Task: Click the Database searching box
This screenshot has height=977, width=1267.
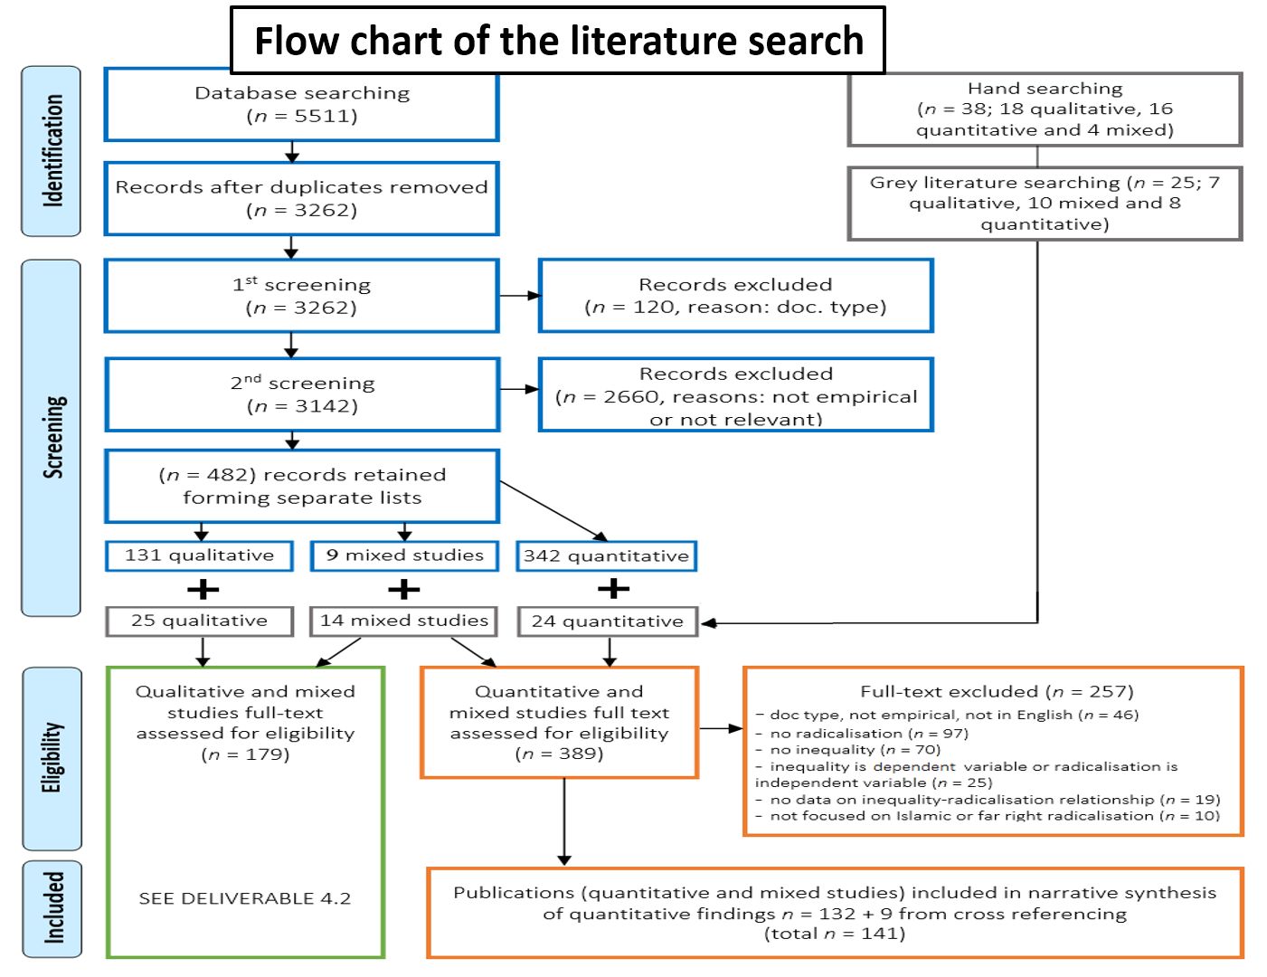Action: (301, 105)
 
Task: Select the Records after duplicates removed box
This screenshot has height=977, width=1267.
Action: (301, 199)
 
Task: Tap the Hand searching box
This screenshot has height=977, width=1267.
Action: (1045, 109)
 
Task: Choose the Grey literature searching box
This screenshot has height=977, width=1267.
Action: (1045, 204)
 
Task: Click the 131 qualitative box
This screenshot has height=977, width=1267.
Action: (199, 555)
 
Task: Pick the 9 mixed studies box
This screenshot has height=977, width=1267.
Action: (404, 555)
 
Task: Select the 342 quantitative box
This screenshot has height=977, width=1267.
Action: (606, 556)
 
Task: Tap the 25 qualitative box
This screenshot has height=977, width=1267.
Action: (199, 621)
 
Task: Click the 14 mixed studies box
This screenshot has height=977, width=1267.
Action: (404, 621)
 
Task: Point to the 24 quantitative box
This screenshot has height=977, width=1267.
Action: (607, 621)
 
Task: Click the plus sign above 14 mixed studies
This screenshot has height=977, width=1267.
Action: (404, 590)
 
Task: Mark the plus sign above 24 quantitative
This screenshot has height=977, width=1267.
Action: (613, 589)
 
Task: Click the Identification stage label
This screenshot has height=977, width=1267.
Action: (52, 151)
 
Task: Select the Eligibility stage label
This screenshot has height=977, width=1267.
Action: (52, 758)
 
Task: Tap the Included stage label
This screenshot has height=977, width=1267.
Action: (52, 908)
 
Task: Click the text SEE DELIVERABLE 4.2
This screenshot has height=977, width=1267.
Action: (245, 898)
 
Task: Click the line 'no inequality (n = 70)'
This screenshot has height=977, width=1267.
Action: (855, 750)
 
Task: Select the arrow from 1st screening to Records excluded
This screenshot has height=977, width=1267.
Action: (519, 296)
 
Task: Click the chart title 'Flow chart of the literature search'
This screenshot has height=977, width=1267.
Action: (558, 41)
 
